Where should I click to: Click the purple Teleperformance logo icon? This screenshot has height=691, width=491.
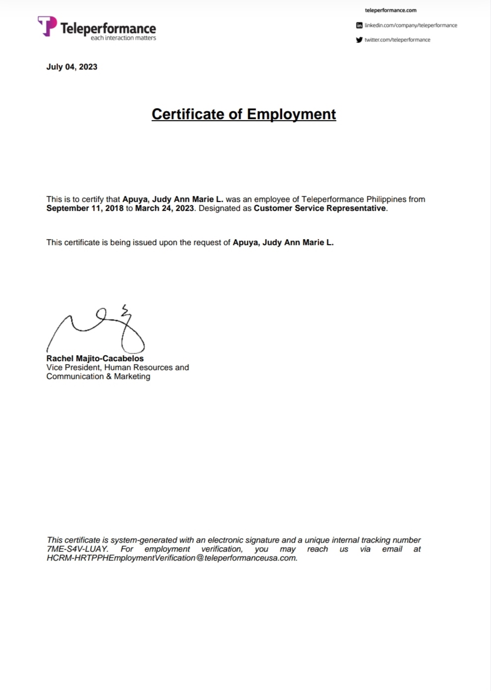click(x=47, y=26)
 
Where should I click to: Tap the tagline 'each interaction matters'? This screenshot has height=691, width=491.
click(x=123, y=38)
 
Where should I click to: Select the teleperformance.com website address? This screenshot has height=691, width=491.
click(x=390, y=10)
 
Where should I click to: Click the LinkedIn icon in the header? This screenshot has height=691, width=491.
click(x=359, y=25)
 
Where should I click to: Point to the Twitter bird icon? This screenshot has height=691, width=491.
click(x=359, y=40)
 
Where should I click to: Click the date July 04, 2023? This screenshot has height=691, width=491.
click(x=71, y=67)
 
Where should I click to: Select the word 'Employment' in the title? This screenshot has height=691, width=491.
click(x=291, y=114)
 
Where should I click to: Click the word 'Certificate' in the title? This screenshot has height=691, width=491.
click(x=188, y=114)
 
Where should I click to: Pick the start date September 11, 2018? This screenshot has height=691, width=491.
click(x=85, y=208)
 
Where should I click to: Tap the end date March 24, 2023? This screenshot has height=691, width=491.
click(x=164, y=208)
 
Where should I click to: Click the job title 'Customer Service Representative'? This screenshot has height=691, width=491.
click(x=320, y=208)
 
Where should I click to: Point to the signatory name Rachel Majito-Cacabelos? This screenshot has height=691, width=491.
click(x=95, y=358)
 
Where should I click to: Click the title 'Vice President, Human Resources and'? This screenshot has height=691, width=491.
click(x=118, y=368)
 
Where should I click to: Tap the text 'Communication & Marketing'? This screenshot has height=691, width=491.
click(x=98, y=377)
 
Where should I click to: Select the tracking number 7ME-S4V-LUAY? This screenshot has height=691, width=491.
click(x=77, y=549)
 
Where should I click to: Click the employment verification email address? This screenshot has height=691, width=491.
click(x=172, y=558)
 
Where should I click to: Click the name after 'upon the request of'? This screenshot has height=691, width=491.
click(x=283, y=243)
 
